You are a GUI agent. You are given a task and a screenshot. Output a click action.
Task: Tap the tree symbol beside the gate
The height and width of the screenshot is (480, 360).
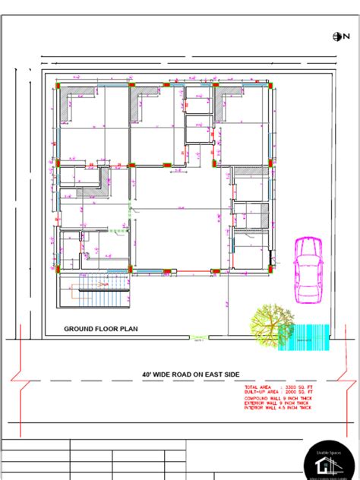click(x=268, y=324)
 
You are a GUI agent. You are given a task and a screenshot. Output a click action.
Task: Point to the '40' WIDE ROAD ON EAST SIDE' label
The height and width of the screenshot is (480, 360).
click(x=191, y=374)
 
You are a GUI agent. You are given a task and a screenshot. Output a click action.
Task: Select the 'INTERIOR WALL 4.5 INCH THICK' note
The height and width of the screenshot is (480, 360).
click(x=278, y=409)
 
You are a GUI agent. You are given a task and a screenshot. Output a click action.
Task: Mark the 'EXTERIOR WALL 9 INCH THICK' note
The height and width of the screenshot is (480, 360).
click(x=278, y=403)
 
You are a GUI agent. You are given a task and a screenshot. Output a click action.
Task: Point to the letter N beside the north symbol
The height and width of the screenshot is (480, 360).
click(x=343, y=36)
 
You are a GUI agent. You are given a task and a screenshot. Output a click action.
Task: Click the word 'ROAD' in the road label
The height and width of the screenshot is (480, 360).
click(x=190, y=374)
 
